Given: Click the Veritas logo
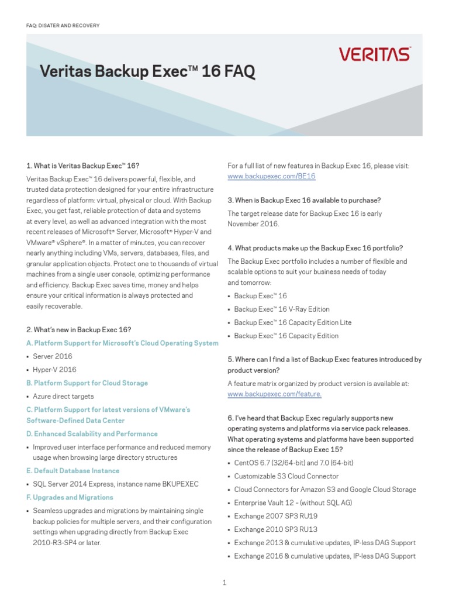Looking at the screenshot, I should (x=374, y=54).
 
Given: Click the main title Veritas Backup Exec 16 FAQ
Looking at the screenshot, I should (x=147, y=72).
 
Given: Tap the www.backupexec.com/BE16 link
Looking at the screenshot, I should (x=271, y=176).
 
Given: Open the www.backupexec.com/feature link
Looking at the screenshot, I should (x=274, y=394).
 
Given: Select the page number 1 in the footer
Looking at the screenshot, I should (x=224, y=583).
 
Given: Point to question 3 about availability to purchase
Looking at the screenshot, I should (x=304, y=200).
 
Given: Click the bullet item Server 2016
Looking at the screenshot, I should (x=53, y=356).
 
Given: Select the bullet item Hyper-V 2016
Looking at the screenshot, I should (x=54, y=370).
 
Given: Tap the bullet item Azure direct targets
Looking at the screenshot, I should (x=63, y=397).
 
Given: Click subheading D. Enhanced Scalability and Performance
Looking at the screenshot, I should (x=92, y=434).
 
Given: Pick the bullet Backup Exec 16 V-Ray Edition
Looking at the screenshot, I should (x=282, y=309).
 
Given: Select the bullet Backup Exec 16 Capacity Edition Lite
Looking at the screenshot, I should (x=293, y=322).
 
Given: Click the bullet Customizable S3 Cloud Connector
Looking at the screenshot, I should (x=286, y=476).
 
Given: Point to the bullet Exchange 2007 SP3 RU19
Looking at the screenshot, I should (x=275, y=516).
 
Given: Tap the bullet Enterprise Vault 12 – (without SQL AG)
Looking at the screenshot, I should (x=293, y=503).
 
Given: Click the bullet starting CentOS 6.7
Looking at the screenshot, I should (x=293, y=463).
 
